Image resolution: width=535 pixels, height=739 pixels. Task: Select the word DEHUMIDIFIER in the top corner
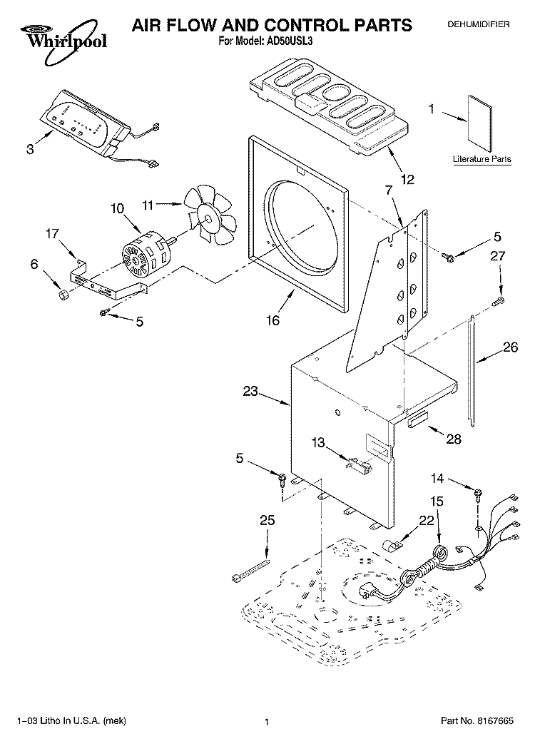478,24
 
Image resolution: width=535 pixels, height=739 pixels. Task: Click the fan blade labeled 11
210,215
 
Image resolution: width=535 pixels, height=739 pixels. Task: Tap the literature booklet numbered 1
479,123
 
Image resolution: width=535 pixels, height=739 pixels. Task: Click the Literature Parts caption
481,159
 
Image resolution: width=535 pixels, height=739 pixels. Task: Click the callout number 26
510,347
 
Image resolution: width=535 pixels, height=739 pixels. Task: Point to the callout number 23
250,391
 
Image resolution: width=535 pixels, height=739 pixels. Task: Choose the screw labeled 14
477,493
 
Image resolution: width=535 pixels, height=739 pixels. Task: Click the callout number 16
273,320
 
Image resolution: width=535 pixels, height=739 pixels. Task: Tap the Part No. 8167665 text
477,720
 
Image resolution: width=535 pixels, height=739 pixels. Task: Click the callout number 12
407,179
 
